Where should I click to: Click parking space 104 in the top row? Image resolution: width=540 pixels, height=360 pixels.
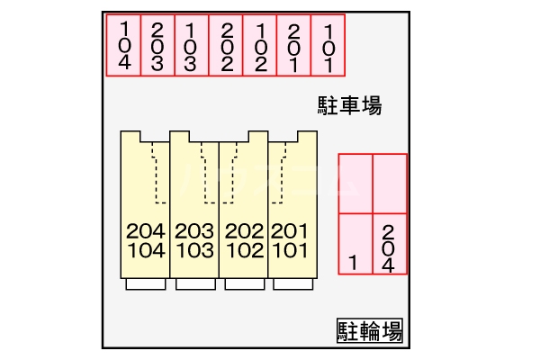coord(123,45)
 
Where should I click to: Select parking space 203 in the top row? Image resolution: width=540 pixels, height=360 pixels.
coord(157,45)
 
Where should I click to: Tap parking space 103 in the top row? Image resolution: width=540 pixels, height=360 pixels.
coord(192,45)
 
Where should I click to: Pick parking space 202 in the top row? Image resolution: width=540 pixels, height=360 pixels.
coord(226,45)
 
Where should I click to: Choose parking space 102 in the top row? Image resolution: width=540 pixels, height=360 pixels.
coord(260,45)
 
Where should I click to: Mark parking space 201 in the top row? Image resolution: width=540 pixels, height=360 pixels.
coord(293,45)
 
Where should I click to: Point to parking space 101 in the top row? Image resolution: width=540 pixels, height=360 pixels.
coord(328,45)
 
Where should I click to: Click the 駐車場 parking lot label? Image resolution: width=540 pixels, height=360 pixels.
coord(349,105)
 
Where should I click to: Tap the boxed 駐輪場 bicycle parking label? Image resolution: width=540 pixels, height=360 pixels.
coord(370,330)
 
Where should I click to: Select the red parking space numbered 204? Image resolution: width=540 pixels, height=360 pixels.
coord(390,244)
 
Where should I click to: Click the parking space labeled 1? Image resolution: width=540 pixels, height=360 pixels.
coord(355,244)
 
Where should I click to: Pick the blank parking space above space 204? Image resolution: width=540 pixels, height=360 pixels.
coord(390,184)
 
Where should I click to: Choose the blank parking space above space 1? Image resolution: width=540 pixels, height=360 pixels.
coord(355,184)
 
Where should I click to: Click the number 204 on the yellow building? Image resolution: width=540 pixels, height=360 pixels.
coord(146,231)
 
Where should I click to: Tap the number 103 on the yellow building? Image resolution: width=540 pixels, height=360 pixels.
coord(195,250)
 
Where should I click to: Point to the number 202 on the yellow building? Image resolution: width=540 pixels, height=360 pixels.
coord(244,231)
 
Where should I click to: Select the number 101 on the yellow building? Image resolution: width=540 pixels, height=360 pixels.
coord(290,250)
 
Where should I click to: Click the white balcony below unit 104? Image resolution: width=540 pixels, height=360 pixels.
coord(146,284)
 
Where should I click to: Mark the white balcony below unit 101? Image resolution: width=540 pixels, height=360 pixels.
coord(293,284)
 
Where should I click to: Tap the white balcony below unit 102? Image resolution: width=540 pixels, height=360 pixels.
coord(245,284)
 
